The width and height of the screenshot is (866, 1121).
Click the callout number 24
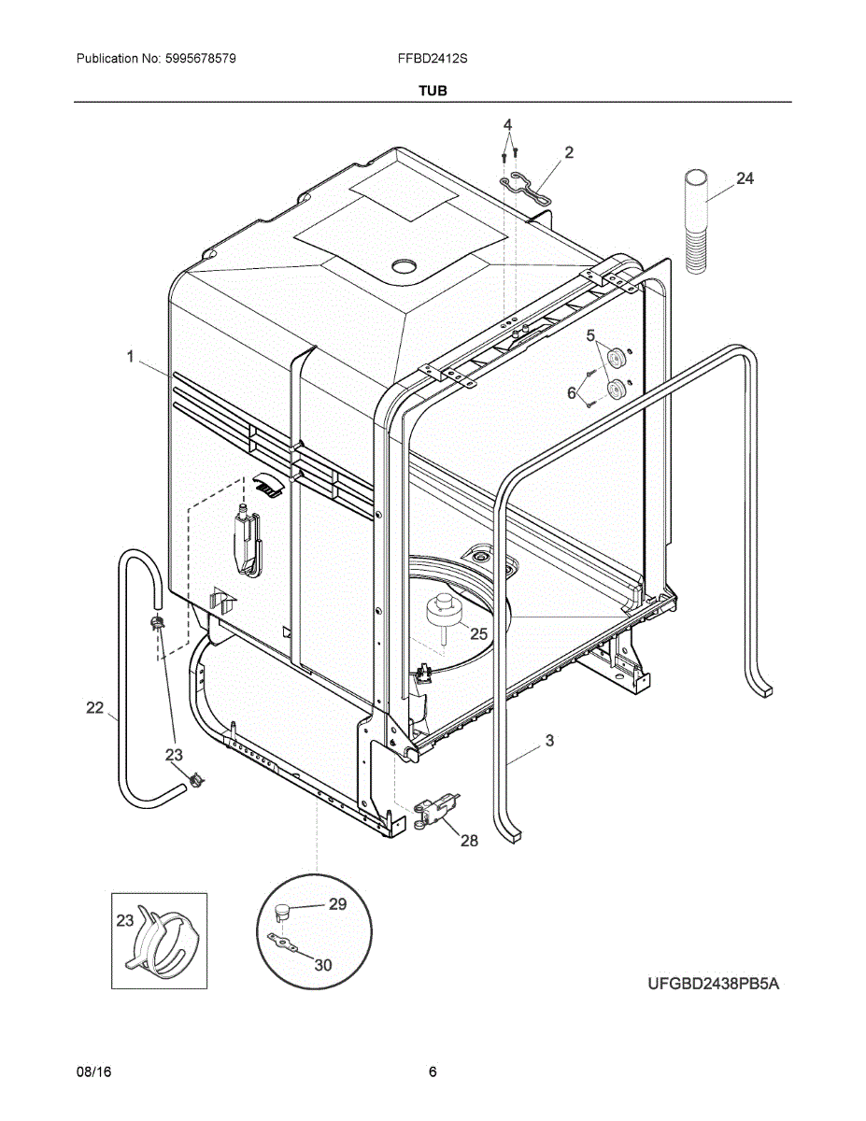point(745,178)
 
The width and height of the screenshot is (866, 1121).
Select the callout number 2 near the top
point(569,152)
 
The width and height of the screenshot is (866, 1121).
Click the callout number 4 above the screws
point(507,125)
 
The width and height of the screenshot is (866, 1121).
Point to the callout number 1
point(131,356)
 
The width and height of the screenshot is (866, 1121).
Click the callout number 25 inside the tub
point(478,633)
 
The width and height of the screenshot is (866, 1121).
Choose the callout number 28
point(469,841)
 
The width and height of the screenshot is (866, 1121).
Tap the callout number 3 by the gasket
point(549,741)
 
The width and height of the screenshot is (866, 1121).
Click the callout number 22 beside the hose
point(95,708)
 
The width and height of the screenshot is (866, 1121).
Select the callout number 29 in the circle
point(336,903)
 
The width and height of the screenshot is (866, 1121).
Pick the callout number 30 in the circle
point(322,965)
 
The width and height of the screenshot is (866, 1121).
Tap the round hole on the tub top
point(404,266)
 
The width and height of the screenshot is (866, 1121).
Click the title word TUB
point(433,91)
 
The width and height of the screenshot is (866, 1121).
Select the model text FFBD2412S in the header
point(433,58)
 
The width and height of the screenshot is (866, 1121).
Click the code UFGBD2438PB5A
point(713,984)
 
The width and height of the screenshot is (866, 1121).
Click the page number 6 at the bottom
point(433,1072)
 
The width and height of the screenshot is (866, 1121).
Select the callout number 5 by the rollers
point(590,334)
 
